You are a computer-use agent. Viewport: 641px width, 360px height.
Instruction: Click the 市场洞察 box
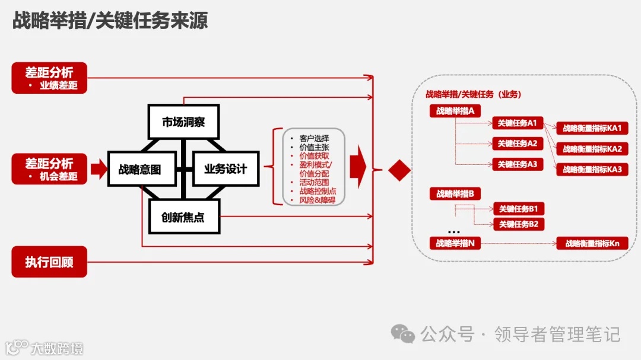point(183,122)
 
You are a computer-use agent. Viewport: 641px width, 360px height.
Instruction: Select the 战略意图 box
point(142,170)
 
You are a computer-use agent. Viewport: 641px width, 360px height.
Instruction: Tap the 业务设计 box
point(225,169)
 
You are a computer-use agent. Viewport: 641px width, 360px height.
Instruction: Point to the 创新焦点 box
point(183,217)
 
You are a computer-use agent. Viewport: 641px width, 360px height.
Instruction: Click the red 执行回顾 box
point(49,262)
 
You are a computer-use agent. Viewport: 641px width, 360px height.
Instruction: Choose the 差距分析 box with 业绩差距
point(49,78)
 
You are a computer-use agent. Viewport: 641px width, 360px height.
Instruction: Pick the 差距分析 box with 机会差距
point(49,168)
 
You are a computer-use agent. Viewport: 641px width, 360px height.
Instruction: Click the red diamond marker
point(399,170)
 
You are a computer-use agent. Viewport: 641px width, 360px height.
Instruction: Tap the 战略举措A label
point(455,111)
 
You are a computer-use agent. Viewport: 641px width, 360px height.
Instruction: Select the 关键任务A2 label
point(518,144)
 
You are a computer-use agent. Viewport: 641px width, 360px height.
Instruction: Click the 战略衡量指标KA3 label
point(592,170)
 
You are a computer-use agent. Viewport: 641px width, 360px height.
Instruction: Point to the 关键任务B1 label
point(518,209)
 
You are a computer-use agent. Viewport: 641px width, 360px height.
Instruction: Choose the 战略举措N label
point(455,243)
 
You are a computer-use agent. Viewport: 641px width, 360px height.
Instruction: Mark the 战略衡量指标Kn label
point(592,243)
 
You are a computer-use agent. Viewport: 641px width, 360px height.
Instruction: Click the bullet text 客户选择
point(314,138)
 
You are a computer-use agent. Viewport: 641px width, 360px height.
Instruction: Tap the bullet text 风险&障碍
point(317,200)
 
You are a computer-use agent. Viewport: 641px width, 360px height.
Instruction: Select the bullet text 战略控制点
point(318,191)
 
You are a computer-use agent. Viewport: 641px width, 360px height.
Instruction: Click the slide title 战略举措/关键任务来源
point(110,21)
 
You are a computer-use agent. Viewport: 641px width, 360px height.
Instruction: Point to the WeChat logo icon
point(405,334)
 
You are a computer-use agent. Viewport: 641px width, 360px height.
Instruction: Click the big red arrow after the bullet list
point(358,168)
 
